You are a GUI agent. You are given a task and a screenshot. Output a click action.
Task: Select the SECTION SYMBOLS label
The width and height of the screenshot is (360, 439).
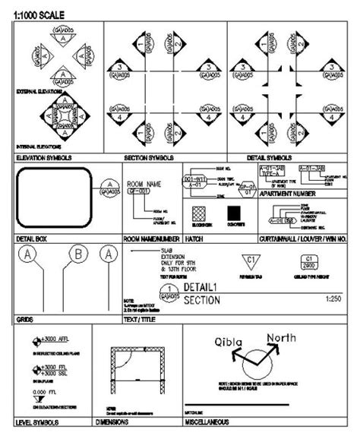coord(147,158)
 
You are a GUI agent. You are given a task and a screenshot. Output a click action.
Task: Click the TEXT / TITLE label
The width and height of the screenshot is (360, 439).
coord(141,320)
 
